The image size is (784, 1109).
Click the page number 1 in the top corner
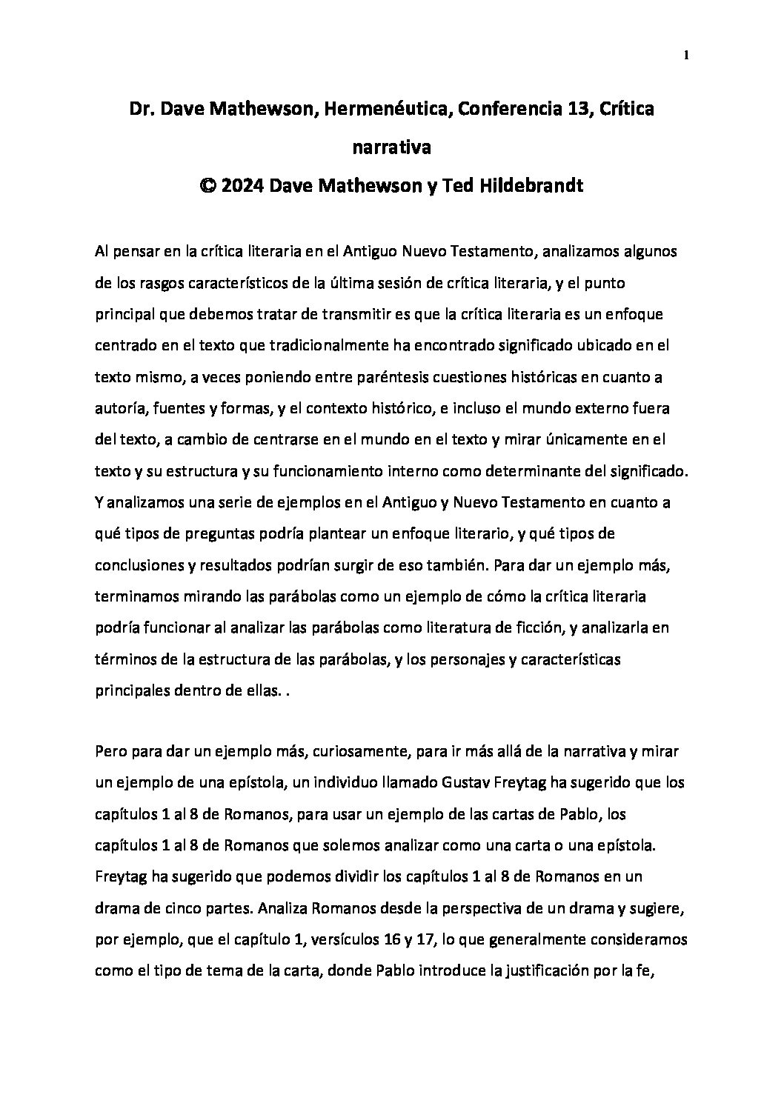687,55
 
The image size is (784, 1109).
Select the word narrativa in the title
391,147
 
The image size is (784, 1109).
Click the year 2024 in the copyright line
242,185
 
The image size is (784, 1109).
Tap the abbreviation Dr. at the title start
142,110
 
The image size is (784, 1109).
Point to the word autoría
117,408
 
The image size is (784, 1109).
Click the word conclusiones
140,565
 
